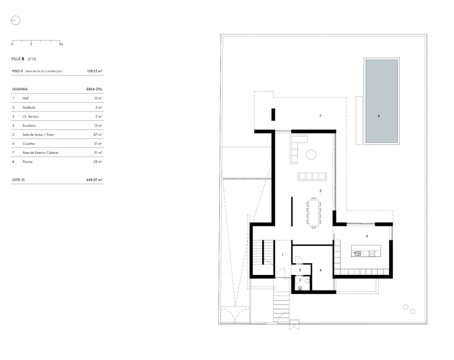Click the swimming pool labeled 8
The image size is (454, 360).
point(381,101)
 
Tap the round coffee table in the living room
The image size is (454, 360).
point(311,154)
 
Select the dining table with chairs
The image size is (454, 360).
point(314,213)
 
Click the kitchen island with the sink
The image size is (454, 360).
point(366,250)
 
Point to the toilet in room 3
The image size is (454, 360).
point(307,280)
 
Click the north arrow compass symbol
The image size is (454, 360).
point(15,20)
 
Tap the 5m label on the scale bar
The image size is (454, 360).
point(61,44)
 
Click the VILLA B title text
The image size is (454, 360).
point(17,59)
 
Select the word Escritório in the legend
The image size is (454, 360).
point(29,125)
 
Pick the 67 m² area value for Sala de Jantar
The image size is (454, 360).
point(97,134)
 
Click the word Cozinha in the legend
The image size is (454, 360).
point(28,143)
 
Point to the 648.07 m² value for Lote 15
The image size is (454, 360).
point(94,179)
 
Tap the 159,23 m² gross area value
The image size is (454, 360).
point(94,71)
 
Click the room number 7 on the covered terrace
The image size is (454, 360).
point(320,116)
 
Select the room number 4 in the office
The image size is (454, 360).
point(321,270)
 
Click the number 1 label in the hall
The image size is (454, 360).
point(283,254)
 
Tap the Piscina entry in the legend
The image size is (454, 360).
point(27,161)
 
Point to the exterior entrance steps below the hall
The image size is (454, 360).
point(281,306)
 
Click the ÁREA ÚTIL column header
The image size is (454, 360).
point(94,89)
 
